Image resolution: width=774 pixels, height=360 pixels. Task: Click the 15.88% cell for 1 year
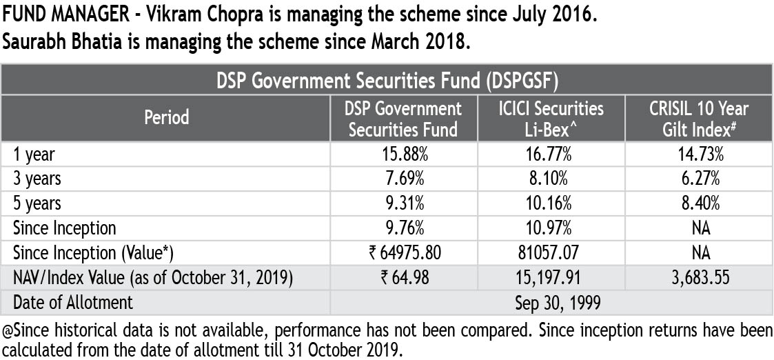404,154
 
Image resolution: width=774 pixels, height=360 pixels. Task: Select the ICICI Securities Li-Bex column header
551,119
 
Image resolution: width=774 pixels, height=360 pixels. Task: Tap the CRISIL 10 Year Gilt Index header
699,119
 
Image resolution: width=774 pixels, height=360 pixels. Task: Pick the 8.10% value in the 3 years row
551,179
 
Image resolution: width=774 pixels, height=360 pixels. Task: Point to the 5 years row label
37,203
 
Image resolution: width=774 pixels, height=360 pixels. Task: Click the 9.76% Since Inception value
404,228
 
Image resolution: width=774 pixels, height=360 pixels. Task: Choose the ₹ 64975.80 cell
404,253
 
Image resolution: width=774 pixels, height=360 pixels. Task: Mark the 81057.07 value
551,253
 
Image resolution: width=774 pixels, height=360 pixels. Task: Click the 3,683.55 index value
699,278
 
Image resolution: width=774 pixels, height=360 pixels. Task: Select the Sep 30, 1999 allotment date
551,302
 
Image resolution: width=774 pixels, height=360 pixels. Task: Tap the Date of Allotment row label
73,302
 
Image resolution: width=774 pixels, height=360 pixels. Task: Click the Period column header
166,118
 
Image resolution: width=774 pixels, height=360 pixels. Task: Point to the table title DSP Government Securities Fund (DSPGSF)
386,81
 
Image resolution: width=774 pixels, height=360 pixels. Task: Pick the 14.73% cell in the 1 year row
699,154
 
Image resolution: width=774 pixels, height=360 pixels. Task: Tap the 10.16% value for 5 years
551,203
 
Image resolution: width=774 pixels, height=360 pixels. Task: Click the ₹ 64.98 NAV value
404,278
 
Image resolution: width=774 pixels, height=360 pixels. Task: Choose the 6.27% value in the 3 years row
699,179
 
